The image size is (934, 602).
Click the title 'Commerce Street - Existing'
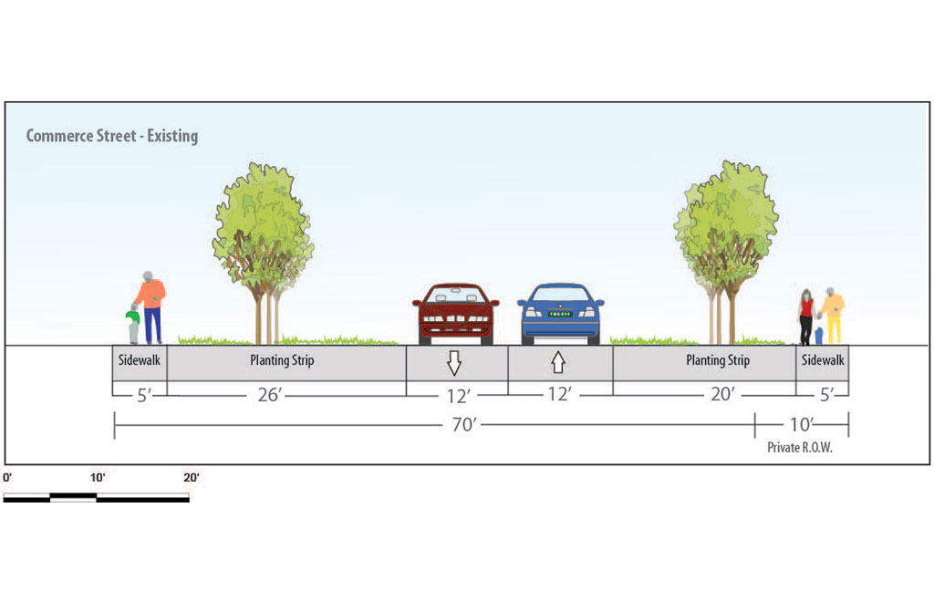[x=112, y=136]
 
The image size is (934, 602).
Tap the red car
[x=456, y=314]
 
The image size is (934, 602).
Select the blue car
[x=561, y=314]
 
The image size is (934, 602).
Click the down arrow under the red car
[x=454, y=363]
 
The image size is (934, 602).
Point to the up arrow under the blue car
[x=558, y=362]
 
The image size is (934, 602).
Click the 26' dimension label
[x=269, y=395]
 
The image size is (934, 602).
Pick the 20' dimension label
[x=722, y=394]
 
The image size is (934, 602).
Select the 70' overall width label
[x=464, y=424]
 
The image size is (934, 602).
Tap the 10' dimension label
[x=801, y=424]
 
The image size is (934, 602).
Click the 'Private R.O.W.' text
[x=799, y=448]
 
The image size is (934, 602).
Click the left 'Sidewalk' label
[x=140, y=359]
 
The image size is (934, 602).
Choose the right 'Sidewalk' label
[x=823, y=359]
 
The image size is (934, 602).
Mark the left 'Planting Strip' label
[x=282, y=360]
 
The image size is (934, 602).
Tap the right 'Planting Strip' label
[x=718, y=360]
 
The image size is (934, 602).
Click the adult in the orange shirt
[x=150, y=307]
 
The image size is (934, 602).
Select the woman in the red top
[x=806, y=317]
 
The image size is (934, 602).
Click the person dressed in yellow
[x=833, y=316]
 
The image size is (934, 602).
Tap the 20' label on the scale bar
[x=192, y=478]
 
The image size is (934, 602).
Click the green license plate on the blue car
[x=560, y=314]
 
